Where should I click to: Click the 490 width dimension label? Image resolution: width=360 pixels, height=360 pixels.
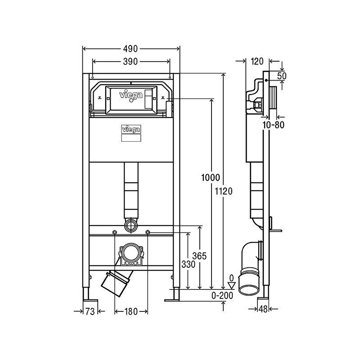tap(130, 49)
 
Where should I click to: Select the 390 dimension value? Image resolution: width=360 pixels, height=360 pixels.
tap(130, 62)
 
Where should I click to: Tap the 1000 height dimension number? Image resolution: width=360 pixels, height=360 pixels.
tap(211, 177)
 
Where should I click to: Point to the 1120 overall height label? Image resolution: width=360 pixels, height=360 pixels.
tap(224, 191)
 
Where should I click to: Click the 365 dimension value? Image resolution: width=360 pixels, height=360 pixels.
tap(199, 256)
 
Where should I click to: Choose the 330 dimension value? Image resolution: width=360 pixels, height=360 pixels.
tap(188, 265)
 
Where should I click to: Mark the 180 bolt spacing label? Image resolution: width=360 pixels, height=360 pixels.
tap(131, 311)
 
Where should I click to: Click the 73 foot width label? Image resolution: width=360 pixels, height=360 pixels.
tap(90, 311)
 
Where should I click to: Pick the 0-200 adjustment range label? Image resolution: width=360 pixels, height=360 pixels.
tap(222, 296)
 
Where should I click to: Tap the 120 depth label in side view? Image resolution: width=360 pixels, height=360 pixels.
tap(257, 61)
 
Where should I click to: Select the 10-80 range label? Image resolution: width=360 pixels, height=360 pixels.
tap(274, 125)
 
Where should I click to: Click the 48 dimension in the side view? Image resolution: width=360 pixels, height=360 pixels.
tap(263, 309)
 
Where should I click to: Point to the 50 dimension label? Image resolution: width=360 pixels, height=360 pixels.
tap(282, 76)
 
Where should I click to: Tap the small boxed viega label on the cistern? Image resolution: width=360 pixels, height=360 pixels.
tap(131, 130)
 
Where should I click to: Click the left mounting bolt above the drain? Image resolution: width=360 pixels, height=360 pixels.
tap(114, 233)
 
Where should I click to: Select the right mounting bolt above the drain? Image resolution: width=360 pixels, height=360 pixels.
tap(148, 233)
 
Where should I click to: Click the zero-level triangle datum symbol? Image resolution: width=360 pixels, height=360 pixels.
tap(232, 286)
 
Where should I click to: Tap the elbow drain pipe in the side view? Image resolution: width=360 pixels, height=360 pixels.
tap(250, 267)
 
